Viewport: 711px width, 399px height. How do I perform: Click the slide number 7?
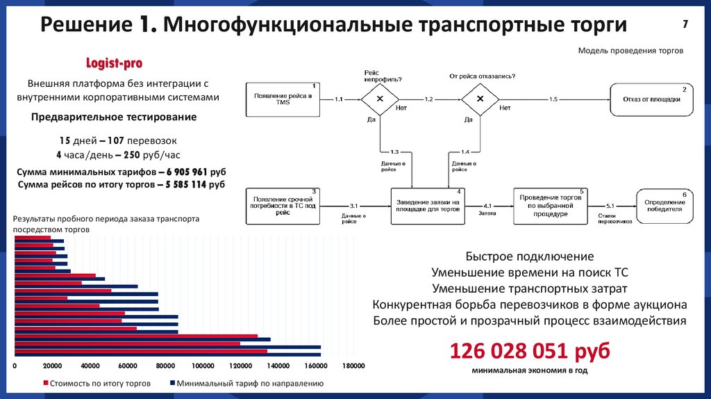685,24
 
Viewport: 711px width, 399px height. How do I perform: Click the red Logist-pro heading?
114,63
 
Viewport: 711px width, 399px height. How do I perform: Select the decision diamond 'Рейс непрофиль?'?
380,99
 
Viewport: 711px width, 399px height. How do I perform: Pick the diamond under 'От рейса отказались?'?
478,99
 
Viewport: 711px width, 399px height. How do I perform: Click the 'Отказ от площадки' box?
651,99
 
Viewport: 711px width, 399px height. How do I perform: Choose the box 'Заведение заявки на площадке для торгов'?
428,206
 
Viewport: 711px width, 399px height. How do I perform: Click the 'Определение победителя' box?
664,206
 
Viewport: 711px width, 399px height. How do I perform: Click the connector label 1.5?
553,100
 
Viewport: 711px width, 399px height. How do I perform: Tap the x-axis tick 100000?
203,366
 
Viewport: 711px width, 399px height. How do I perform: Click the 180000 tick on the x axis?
353,366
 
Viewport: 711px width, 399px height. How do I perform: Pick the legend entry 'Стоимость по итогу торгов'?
97,383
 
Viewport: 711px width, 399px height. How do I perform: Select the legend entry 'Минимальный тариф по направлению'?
246,383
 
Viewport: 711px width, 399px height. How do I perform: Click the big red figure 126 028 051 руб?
530,350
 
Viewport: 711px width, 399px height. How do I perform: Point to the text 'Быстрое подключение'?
530,256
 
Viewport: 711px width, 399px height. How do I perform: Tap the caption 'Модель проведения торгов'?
630,51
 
